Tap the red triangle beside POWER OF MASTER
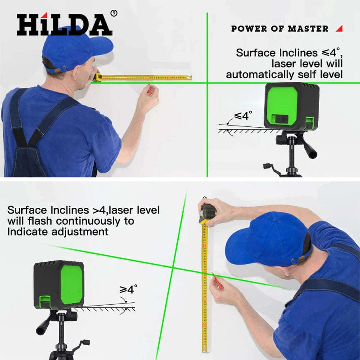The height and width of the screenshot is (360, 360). tap(339, 28)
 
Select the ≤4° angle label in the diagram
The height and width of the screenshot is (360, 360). tap(243, 116)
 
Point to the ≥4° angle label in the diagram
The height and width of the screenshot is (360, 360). tap(129, 289)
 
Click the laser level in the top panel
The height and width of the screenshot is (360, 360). tap(291, 106)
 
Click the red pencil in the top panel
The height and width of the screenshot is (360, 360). tap(149, 90)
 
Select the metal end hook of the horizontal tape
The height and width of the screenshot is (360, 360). tap(190, 77)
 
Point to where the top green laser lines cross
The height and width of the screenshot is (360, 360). tap(207, 83)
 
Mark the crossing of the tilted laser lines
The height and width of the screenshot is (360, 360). tap(172, 267)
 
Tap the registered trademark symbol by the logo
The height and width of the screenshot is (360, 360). tap(114, 13)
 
